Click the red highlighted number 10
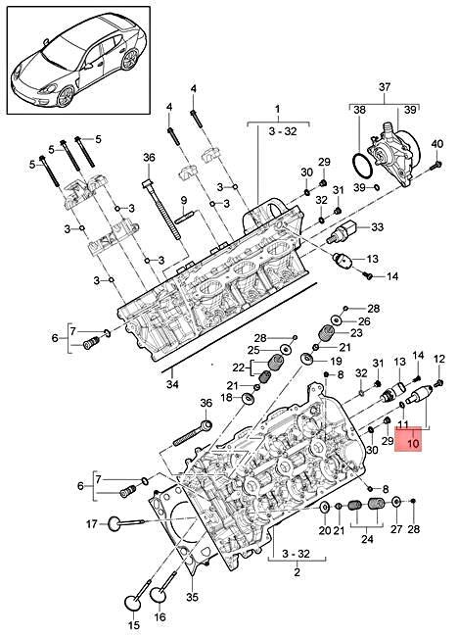click(x=414, y=444)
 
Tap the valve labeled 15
click(x=133, y=623)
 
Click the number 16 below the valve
click(x=160, y=617)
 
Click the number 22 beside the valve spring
click(x=238, y=367)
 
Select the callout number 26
click(x=364, y=320)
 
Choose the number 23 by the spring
click(x=356, y=334)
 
